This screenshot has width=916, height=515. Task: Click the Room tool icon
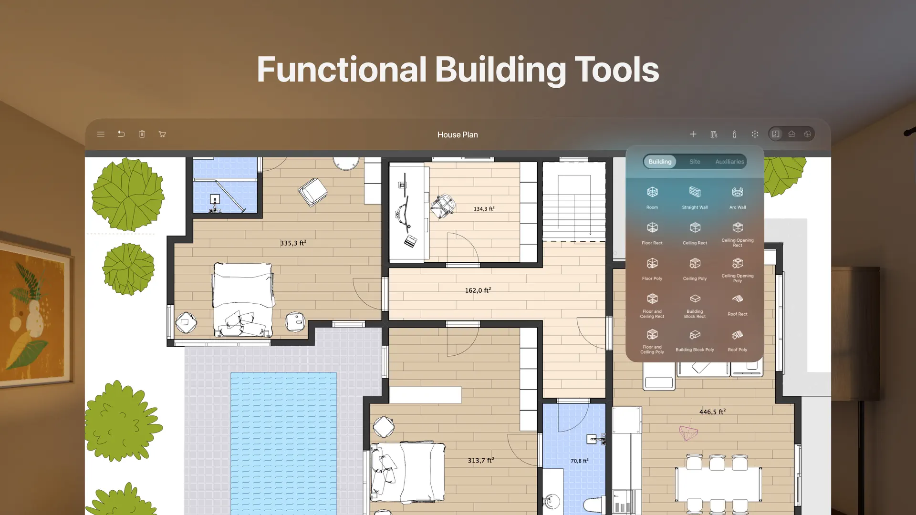[652, 192]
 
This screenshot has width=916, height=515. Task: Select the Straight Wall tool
[695, 192]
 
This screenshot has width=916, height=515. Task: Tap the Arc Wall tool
[738, 192]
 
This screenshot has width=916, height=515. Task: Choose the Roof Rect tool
[738, 299]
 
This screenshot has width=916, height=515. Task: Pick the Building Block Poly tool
[695, 335]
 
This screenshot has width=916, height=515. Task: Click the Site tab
[695, 162]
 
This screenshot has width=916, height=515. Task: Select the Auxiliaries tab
[729, 162]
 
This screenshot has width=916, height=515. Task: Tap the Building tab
[660, 162]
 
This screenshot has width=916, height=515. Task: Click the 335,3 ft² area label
[293, 243]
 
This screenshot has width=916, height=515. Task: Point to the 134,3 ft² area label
[484, 209]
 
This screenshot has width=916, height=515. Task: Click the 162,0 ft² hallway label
[478, 290]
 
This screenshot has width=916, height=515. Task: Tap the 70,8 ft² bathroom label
[579, 461]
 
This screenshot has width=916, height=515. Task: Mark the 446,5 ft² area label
[712, 412]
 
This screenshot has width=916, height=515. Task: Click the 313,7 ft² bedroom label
[480, 461]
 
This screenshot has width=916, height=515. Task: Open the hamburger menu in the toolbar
[101, 134]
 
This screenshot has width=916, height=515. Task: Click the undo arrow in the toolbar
[121, 134]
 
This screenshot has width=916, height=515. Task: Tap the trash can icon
[142, 134]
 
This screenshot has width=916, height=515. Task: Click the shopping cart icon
[162, 134]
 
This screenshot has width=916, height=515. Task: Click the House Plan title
[458, 135]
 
